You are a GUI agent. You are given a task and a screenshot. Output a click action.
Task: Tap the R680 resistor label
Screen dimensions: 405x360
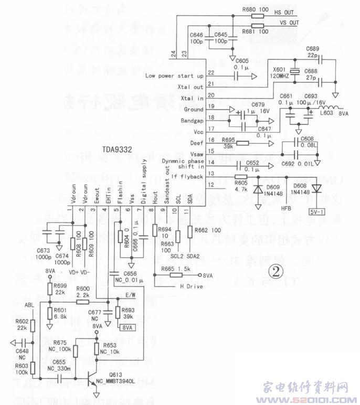tap(251, 9)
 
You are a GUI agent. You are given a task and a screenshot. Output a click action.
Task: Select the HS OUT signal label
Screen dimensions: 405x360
tap(285, 11)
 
